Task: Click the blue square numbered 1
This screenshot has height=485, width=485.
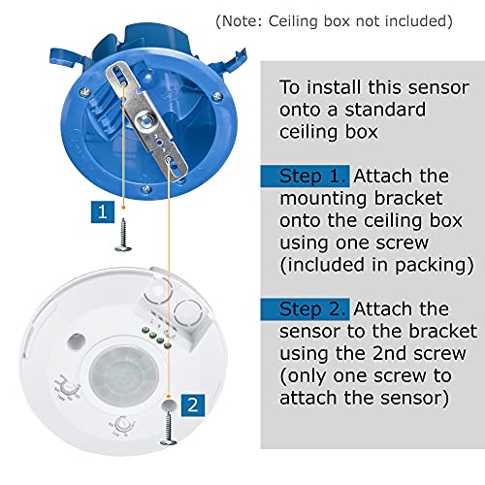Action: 103,211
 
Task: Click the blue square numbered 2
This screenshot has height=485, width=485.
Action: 193,404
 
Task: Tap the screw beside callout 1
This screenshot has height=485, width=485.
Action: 123,235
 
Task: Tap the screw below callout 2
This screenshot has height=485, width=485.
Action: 169,428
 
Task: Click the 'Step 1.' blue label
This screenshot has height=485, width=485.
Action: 305,177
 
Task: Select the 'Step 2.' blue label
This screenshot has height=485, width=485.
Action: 305,309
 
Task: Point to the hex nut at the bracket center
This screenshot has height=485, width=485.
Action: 145,120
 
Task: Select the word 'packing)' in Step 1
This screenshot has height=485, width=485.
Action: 434,266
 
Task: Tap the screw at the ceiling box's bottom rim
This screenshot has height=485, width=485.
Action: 146,189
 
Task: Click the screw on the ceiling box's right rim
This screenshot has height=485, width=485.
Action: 217,96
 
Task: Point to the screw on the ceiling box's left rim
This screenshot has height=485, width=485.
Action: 85,91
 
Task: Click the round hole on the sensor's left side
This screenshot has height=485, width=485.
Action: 77,341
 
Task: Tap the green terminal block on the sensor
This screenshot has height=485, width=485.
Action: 156,338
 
